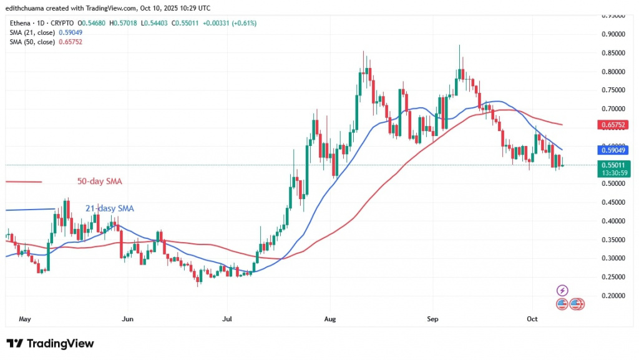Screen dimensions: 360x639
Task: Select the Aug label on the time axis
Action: pos(331,319)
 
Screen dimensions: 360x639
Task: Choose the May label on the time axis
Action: pos(24,319)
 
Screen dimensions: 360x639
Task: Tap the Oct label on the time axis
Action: pos(532,319)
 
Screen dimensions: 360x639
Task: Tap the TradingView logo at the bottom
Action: pos(50,344)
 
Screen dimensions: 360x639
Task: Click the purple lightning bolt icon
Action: pos(562,290)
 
